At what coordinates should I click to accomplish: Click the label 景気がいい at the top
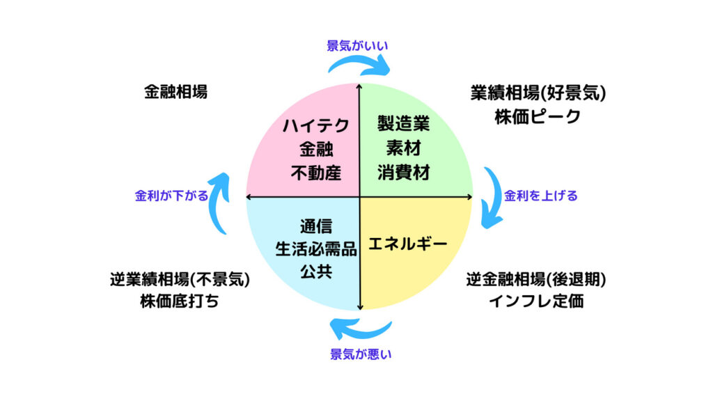(x=357, y=46)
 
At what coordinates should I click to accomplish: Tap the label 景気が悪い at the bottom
(x=361, y=354)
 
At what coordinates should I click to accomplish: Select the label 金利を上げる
(x=540, y=196)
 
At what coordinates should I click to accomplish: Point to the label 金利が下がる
(x=171, y=196)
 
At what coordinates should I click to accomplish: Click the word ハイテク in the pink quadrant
(x=316, y=125)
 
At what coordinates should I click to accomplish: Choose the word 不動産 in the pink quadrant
(x=316, y=173)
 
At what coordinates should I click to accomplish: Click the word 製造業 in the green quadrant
(x=403, y=124)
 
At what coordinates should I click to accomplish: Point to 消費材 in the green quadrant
(x=403, y=173)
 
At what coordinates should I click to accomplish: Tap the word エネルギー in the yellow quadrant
(x=408, y=244)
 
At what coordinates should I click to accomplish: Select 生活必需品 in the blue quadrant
(x=316, y=249)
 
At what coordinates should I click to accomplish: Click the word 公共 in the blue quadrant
(x=316, y=271)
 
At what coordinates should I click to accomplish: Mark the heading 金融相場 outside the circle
(x=176, y=92)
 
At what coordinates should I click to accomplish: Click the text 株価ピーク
(x=538, y=117)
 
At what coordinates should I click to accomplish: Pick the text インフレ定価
(x=537, y=301)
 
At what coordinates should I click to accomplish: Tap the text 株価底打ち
(x=180, y=301)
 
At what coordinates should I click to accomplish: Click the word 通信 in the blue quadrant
(x=316, y=226)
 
